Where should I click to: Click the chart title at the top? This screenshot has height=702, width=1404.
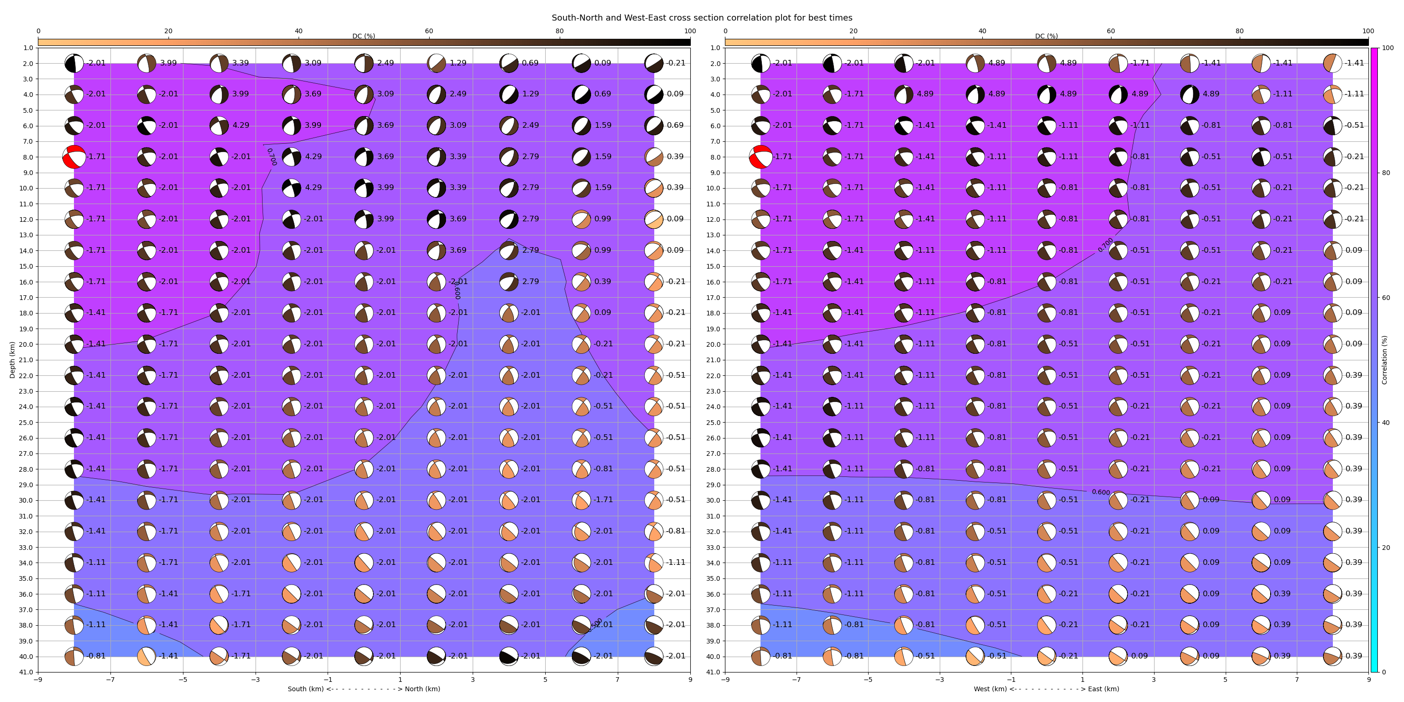[x=702, y=17]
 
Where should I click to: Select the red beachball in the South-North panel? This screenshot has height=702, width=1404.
[x=74, y=157]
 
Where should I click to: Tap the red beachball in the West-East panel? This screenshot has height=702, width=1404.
[x=760, y=157]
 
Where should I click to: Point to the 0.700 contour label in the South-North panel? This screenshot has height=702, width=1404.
[x=271, y=157]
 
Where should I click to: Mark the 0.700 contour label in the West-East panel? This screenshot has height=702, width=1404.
[x=1105, y=245]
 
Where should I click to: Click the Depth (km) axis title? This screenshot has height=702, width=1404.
[x=12, y=360]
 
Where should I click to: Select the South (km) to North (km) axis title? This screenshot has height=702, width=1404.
[x=364, y=689]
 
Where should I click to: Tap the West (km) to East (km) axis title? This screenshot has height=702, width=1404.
[x=1046, y=689]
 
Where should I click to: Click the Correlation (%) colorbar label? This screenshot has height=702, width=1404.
[x=1384, y=360]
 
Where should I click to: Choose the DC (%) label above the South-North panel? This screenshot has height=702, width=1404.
[x=364, y=36]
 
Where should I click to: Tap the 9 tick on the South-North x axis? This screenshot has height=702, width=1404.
[x=690, y=680]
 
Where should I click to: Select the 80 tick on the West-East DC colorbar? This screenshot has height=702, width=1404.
[x=1239, y=31]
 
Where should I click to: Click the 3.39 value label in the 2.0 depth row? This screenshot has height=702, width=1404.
[x=241, y=63]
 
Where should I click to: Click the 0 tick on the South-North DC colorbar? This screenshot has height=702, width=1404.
[x=38, y=31]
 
